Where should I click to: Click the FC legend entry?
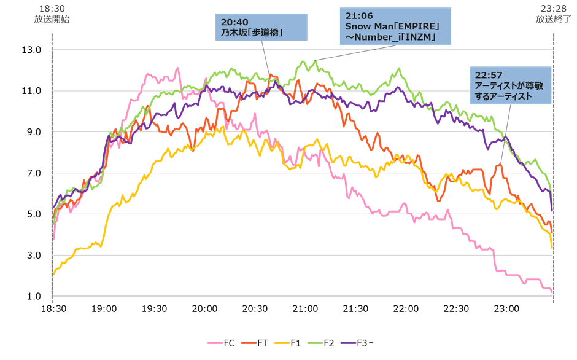223,343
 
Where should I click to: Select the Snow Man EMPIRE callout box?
395,25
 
